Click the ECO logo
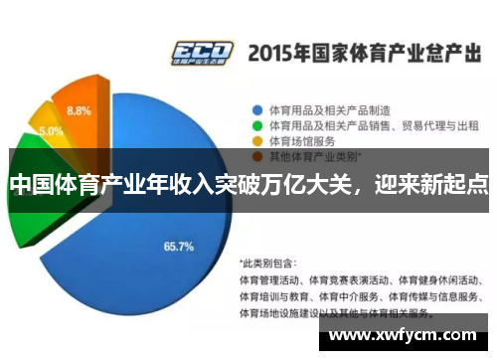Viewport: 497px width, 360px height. point(202,52)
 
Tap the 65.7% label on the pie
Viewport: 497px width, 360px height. point(178,245)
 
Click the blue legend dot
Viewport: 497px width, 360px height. point(256,109)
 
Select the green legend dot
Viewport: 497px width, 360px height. point(256,125)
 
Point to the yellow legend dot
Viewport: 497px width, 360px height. point(256,141)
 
